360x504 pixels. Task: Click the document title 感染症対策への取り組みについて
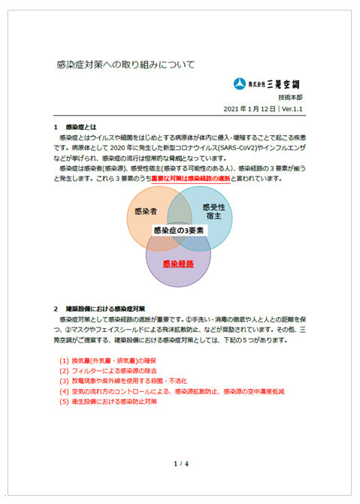(x=126, y=65)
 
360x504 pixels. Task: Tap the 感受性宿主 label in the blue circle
(x=214, y=211)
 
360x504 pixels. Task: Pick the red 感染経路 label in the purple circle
(x=178, y=264)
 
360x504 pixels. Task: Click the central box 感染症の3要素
(x=180, y=231)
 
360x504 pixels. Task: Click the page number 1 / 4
(x=180, y=463)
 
